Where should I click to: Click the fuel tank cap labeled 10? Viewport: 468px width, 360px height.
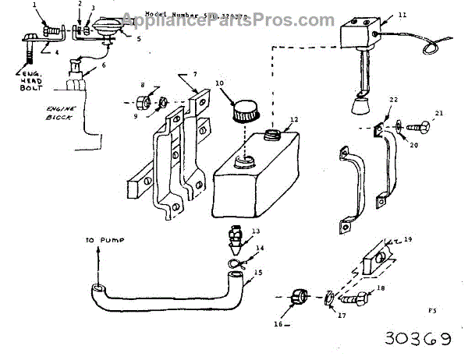[243, 106]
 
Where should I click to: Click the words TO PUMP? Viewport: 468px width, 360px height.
[98, 241]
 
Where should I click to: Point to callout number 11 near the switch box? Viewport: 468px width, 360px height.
[402, 14]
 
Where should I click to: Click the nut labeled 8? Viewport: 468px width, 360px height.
[143, 101]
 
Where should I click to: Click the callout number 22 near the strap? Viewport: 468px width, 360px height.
[394, 99]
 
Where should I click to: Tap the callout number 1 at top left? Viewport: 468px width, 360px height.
[34, 4]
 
